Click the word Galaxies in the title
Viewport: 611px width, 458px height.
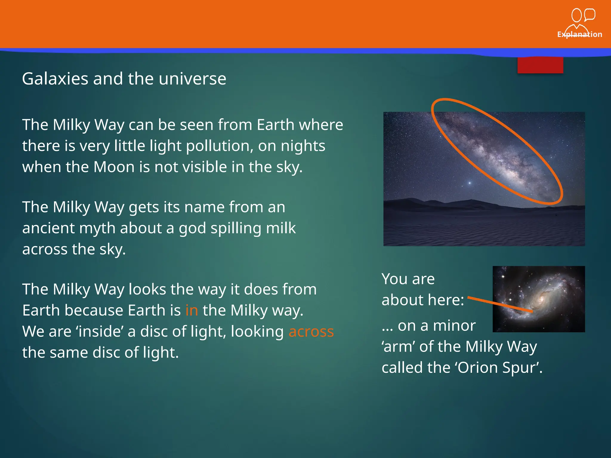[55, 79]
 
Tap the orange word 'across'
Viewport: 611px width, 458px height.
[311, 332]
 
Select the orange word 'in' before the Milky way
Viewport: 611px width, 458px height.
[192, 310]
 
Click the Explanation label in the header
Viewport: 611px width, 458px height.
[579, 34]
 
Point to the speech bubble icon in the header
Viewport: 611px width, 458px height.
[590, 15]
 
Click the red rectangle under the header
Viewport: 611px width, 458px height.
[540, 65]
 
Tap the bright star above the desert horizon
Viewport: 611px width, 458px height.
[470, 183]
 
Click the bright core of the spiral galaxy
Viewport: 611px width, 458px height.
[540, 298]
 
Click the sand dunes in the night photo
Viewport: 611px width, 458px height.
[483, 227]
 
